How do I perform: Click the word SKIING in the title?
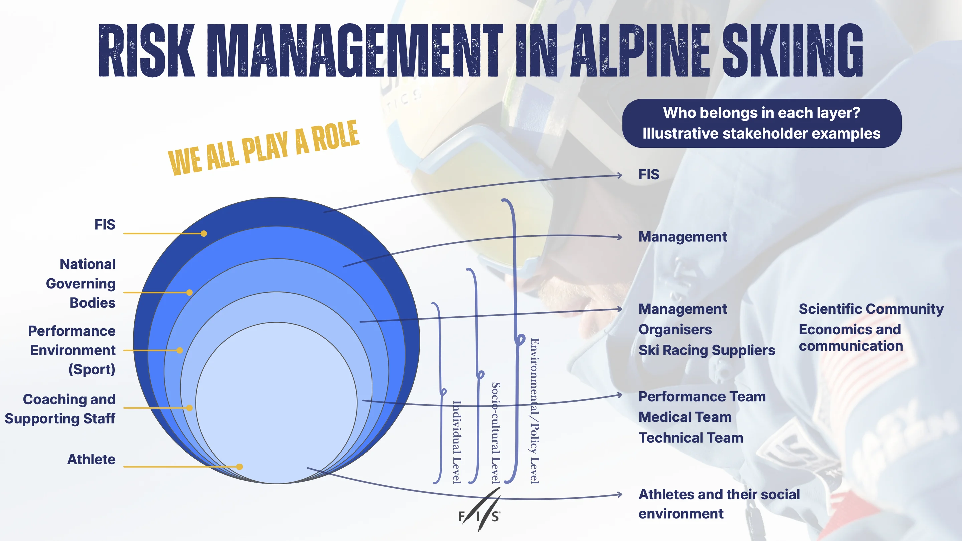pos(792,50)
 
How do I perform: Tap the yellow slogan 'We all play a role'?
pos(264,148)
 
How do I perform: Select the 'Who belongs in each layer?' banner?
pos(762,123)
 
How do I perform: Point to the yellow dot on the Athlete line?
pos(240,466)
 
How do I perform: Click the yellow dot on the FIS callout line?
pos(204,234)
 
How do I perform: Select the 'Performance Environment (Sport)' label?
pos(72,350)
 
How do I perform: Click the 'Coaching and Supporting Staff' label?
pos(60,409)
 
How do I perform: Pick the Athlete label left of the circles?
pos(92,459)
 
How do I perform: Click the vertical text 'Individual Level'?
pos(457,442)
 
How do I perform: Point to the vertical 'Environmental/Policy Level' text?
pos(535,411)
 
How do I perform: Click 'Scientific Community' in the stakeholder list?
pos(871,309)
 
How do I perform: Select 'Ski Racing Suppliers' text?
pos(707,350)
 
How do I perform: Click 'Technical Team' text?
pos(691,437)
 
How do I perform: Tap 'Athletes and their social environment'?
pos(719,504)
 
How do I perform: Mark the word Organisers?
pos(675,330)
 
